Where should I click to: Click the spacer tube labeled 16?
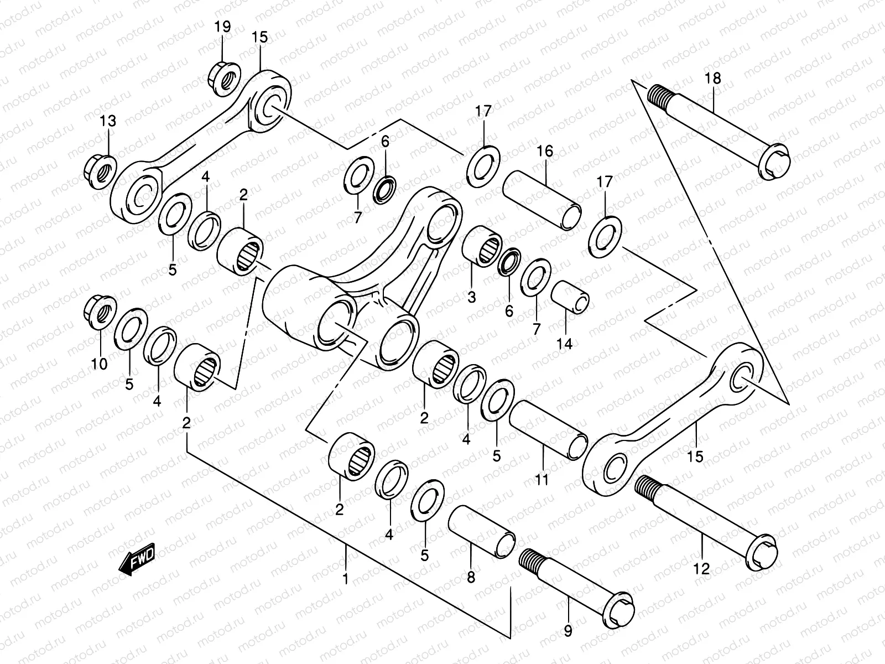point(542,200)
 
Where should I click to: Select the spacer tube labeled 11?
point(548,429)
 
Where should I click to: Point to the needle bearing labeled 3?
point(482,246)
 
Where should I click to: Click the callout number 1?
point(345,579)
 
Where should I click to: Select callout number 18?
point(713,78)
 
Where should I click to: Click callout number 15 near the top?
point(259,37)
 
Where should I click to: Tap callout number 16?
point(545,151)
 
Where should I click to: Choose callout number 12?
point(701,568)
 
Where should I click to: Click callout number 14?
point(565,343)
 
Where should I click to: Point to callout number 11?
point(542,479)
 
